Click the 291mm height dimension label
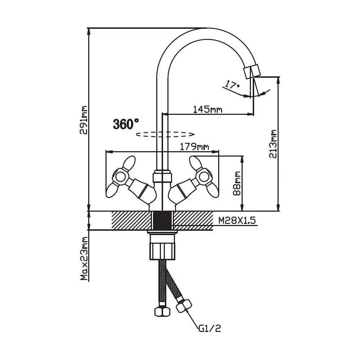coord(84,120)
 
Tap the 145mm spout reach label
coord(207,109)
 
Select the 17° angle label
coord(232,85)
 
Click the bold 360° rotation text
coord(126,124)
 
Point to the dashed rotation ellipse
coord(165,134)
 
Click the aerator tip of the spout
coord(251,72)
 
